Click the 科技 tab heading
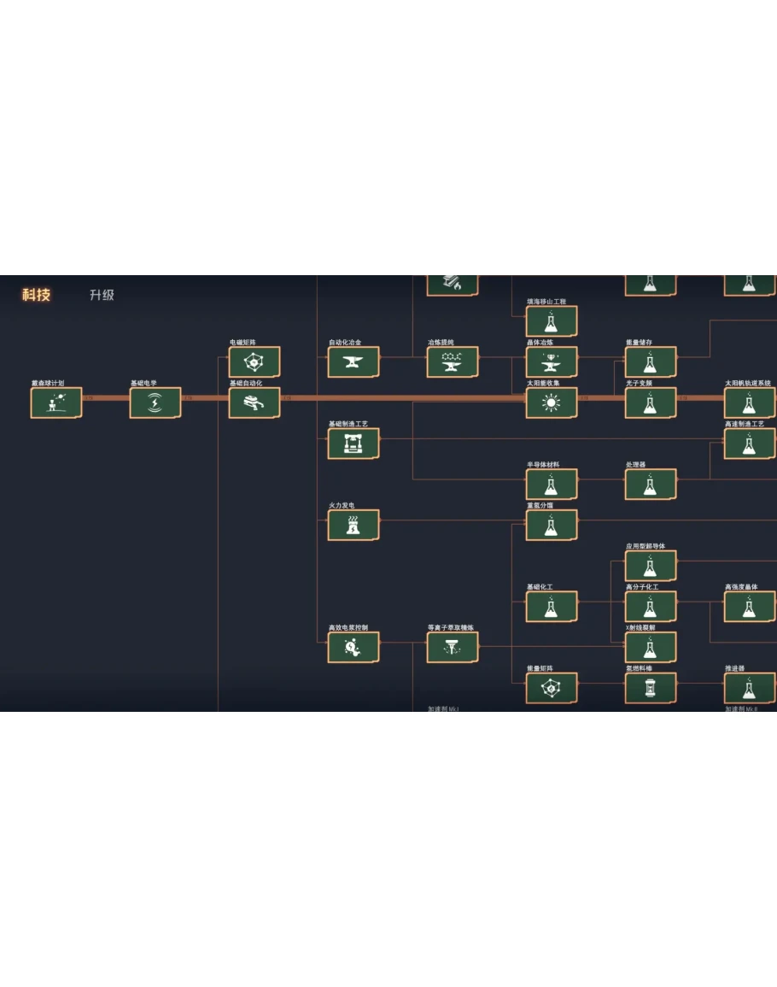tap(37, 295)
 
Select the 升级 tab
tap(102, 295)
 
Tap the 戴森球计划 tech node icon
tap(56, 402)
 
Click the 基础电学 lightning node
tap(155, 402)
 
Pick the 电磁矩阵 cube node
tap(254, 361)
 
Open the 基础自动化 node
tap(254, 402)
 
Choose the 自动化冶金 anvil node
tap(353, 361)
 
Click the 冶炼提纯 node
tap(453, 361)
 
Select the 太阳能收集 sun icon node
tap(552, 402)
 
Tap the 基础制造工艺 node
tap(353, 444)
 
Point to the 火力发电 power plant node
tap(353, 525)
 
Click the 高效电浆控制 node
tap(353, 647)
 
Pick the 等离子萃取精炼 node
tap(453, 647)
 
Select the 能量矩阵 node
tap(552, 688)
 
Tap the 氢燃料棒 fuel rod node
tap(651, 688)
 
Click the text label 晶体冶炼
tap(540, 343)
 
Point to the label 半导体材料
tap(543, 465)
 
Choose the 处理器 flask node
tap(651, 484)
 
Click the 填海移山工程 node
tap(552, 320)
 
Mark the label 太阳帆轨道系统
tap(748, 384)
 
